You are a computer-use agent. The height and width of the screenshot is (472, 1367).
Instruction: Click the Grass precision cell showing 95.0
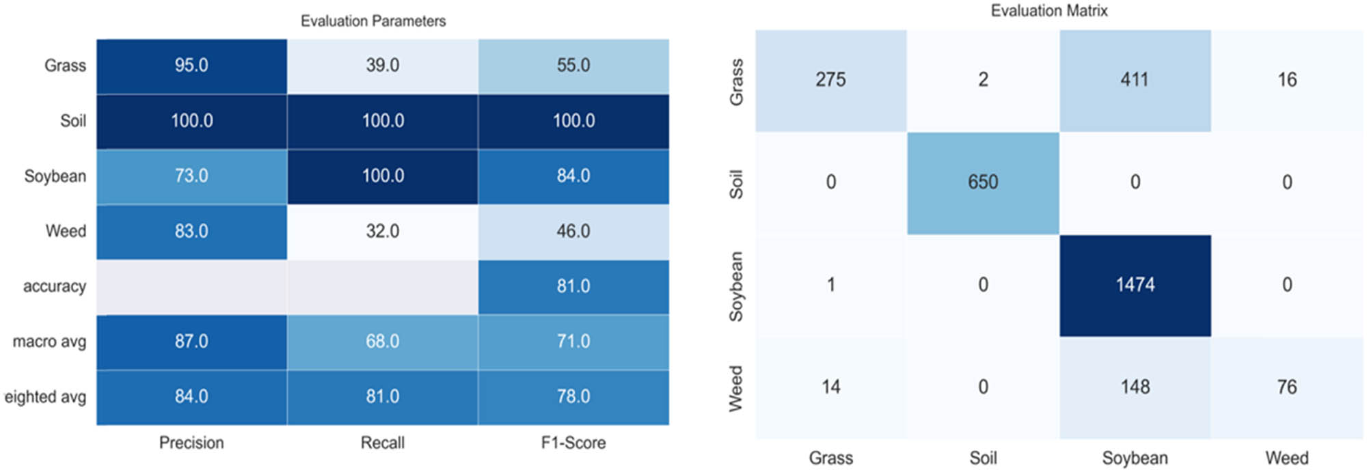(x=191, y=66)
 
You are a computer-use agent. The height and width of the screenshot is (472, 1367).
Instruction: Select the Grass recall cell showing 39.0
(x=382, y=66)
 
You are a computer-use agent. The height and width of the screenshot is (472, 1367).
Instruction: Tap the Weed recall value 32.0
(x=382, y=232)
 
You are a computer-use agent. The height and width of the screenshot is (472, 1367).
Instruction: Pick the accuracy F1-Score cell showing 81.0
(x=573, y=286)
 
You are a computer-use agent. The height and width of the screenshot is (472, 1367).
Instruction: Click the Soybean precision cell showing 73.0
(x=191, y=176)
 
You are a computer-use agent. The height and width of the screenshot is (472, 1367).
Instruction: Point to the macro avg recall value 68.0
(x=382, y=342)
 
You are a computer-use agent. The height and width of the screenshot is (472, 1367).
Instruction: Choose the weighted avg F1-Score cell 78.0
(x=573, y=397)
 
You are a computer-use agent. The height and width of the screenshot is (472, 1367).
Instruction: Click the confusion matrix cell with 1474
(x=1135, y=285)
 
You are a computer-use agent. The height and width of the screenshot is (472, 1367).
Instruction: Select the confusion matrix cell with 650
(x=983, y=182)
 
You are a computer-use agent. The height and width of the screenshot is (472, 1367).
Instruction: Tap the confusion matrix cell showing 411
(x=1135, y=80)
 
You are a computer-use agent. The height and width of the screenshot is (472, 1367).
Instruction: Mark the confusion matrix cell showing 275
(x=830, y=80)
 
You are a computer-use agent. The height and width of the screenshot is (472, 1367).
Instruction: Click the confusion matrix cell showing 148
(x=1135, y=387)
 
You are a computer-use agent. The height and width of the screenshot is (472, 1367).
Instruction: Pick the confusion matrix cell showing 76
(x=1286, y=387)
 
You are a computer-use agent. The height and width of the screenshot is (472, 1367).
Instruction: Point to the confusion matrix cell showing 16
(x=1286, y=80)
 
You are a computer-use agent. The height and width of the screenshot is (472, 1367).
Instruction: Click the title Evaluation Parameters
(x=373, y=21)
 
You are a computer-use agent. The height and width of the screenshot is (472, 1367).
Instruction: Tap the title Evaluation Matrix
(x=1048, y=11)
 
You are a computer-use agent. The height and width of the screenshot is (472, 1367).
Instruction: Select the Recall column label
(x=382, y=443)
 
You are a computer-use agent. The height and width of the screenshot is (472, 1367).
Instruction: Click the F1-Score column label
(x=573, y=443)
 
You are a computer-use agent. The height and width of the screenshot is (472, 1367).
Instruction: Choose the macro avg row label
(x=49, y=342)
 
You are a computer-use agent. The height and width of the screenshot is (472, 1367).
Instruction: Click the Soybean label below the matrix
(x=1135, y=458)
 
